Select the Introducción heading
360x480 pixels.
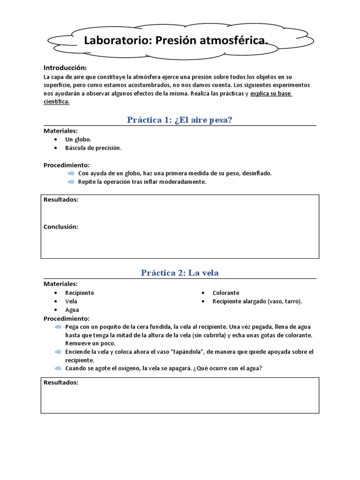(65, 67)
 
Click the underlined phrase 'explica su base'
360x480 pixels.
(271, 94)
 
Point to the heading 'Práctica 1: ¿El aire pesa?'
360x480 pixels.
(180, 120)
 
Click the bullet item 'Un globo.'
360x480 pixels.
(78, 140)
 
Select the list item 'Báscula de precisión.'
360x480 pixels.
(93, 148)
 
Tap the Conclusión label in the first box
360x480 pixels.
(60, 227)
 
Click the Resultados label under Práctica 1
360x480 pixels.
(60, 200)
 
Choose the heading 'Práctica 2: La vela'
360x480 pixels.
(180, 273)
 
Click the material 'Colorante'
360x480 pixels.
(226, 292)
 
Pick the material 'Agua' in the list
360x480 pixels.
(72, 310)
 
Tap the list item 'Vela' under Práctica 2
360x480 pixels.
(71, 301)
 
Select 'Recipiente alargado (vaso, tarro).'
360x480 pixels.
(257, 301)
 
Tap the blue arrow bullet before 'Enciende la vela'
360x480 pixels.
(58, 352)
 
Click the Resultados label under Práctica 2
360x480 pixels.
(60, 382)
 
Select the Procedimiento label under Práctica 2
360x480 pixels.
(66, 318)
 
